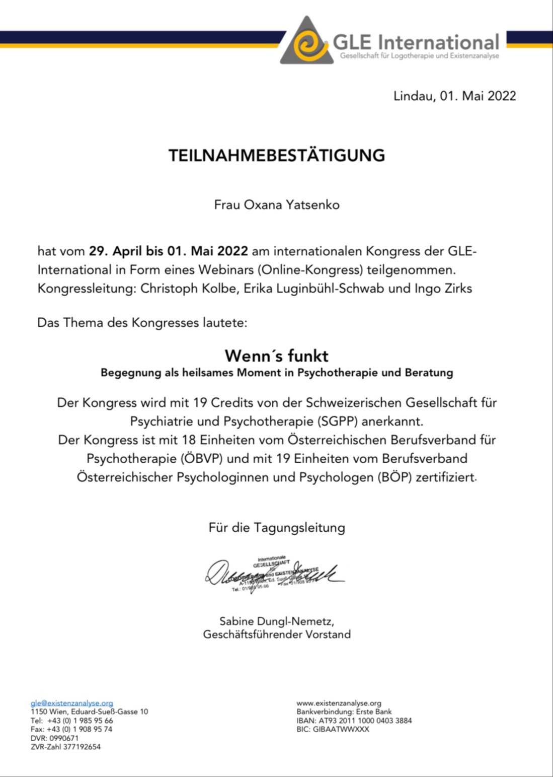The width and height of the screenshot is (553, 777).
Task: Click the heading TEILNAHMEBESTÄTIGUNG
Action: click(x=276, y=155)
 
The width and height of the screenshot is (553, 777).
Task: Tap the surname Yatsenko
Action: click(x=312, y=205)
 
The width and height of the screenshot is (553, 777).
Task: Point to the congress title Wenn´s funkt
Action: click(x=276, y=356)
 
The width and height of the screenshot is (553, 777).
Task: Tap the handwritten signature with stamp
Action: click(x=274, y=574)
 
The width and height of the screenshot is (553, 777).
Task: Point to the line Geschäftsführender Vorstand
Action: click(x=276, y=634)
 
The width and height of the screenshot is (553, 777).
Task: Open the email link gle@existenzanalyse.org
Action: click(x=71, y=703)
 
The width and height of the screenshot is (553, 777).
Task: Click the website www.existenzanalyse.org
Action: click(x=339, y=703)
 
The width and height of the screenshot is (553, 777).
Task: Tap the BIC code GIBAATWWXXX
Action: click(x=341, y=729)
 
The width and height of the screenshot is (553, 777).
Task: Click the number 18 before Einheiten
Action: click(x=188, y=440)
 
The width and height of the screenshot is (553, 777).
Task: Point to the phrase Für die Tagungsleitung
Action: click(x=276, y=528)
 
